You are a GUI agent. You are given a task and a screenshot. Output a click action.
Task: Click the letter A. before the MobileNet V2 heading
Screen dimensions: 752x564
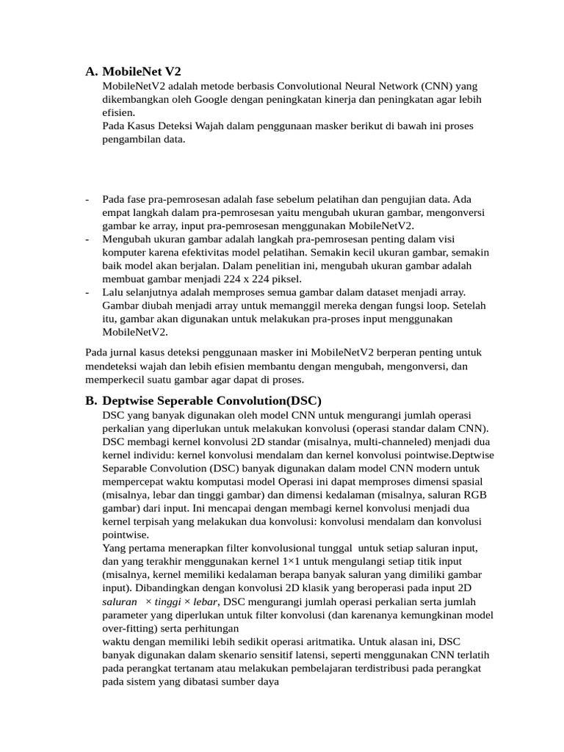click(92, 71)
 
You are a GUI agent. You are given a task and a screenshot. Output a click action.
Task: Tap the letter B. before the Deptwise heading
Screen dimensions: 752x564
click(92, 400)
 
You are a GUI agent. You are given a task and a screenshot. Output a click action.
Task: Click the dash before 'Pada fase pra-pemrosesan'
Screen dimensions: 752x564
click(88, 199)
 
